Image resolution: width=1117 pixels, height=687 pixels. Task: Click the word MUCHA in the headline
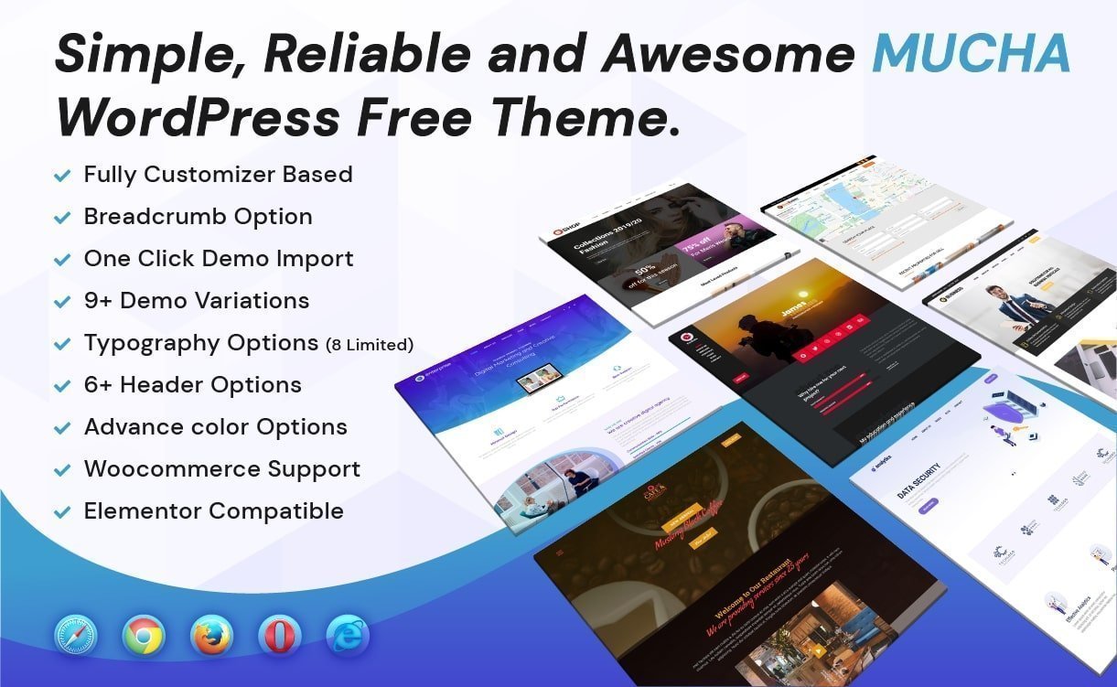point(971,55)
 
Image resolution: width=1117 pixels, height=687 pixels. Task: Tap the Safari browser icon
point(75,635)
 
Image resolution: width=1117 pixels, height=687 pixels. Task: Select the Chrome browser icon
point(144,635)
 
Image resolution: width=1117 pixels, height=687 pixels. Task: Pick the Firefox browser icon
point(212,635)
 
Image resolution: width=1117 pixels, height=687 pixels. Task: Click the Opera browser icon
point(279,635)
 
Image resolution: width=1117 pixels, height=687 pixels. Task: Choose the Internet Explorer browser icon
point(348,635)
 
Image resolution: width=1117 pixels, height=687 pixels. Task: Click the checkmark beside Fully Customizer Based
point(62,176)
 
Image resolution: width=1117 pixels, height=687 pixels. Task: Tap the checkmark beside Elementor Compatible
point(62,512)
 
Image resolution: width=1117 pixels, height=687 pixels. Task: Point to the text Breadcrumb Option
point(198,217)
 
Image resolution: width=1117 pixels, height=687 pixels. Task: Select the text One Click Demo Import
point(218,259)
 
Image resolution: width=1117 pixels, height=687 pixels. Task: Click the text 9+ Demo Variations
point(196,301)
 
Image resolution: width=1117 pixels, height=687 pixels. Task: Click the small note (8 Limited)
point(370,345)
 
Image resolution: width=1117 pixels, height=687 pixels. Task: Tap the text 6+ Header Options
point(192,385)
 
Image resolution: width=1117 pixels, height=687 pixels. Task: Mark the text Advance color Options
point(215,427)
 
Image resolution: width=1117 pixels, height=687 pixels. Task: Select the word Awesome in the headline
point(728,55)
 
